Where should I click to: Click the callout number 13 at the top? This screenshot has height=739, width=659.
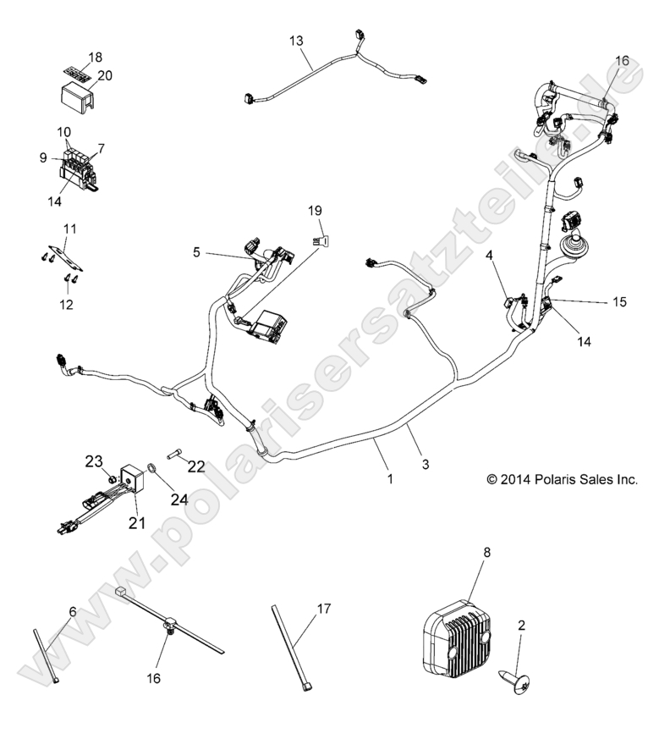tap(295, 40)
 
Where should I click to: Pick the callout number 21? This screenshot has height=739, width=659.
tap(136, 524)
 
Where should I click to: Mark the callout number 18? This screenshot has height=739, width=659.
tap(95, 57)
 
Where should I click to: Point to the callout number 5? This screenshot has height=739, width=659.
tap(197, 251)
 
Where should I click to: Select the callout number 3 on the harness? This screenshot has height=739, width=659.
tap(426, 463)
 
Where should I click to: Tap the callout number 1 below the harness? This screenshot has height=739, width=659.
tap(390, 478)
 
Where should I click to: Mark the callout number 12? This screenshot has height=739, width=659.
tap(67, 303)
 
